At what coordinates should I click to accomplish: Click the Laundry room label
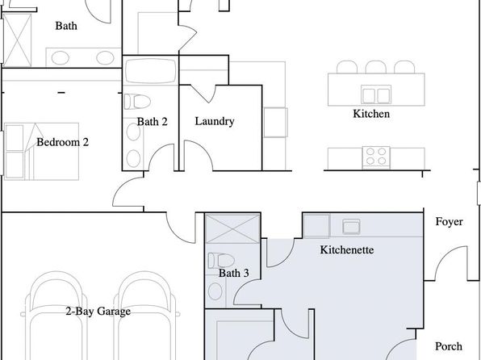[215, 121]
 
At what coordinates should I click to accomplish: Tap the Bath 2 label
[153, 122]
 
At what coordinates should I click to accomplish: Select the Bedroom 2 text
[63, 142]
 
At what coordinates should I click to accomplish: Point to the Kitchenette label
[347, 250]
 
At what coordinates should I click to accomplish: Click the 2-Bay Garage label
[98, 312]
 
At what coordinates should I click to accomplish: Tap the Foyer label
[449, 222]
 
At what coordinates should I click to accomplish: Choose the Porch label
[449, 346]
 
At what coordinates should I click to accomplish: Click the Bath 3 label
[234, 273]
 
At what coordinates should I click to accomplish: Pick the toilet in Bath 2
[137, 102]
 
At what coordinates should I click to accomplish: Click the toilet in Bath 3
[221, 260]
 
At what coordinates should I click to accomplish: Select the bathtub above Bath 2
[151, 71]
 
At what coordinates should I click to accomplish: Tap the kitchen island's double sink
[376, 94]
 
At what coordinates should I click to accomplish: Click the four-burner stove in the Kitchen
[376, 157]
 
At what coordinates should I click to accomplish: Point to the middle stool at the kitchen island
[376, 67]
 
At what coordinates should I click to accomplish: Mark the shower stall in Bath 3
[232, 228]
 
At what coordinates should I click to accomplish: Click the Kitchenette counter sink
[351, 227]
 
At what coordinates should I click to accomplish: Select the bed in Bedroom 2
[42, 152]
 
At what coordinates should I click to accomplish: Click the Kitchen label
[371, 114]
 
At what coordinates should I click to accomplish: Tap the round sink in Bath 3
[215, 291]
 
